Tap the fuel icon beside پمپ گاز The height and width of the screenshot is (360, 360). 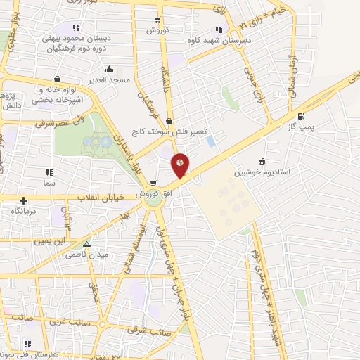tap(302, 116)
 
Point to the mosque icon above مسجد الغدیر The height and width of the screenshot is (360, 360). tap(109, 70)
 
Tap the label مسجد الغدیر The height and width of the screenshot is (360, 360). tap(109, 81)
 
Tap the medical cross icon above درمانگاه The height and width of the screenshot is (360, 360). tap(25, 200)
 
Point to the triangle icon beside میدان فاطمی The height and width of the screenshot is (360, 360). tap(86, 244)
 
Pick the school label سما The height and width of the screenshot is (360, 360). tap(49, 181)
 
